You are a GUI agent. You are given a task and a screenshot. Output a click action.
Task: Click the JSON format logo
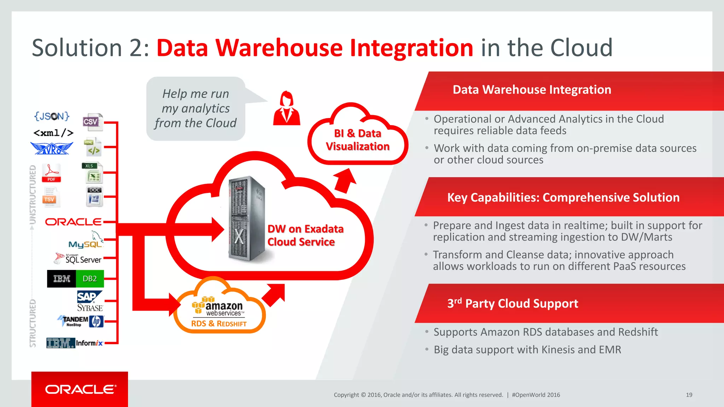pos(52,116)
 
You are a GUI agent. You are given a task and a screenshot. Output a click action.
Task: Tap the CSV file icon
pos(93,122)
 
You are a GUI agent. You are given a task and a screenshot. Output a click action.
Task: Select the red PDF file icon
pos(52,173)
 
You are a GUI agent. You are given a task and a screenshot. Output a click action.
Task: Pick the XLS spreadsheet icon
pos(93,173)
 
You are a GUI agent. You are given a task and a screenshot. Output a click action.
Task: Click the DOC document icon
pos(94,196)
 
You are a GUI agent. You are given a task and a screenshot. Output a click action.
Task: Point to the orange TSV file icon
pos(50,197)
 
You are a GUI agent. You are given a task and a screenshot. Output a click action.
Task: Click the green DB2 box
pos(90,279)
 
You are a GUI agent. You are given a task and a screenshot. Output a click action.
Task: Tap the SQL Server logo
pos(78,259)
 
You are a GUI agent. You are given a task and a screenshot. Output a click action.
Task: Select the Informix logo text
pos(89,343)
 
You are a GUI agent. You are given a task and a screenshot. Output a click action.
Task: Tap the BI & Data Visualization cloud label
pos(358,140)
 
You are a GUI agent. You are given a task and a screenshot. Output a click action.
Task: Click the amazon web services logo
pos(218,307)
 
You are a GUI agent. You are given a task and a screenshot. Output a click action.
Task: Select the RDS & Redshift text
pos(219,324)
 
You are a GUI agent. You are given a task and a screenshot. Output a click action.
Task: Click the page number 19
pos(689,395)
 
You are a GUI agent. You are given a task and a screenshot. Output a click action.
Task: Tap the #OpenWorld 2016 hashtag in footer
pos(536,395)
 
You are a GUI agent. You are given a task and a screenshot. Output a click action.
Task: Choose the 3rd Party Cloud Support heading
pos(513,303)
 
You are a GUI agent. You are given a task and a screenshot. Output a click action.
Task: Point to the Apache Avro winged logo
pos(52,148)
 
